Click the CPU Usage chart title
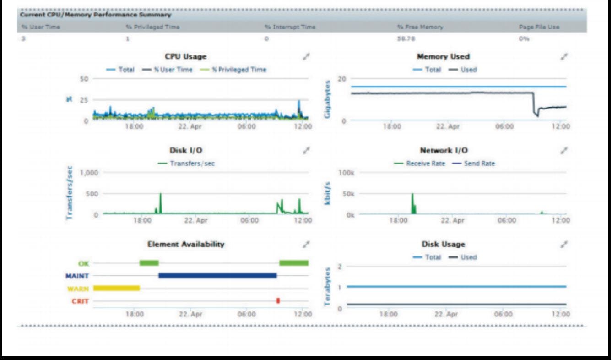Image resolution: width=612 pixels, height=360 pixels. pyautogui.click(x=185, y=57)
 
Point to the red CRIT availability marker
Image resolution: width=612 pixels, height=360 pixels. pyautogui.click(x=278, y=300)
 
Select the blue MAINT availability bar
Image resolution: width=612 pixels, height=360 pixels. pyautogui.click(x=217, y=275)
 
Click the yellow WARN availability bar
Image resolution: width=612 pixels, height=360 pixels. pyautogui.click(x=116, y=288)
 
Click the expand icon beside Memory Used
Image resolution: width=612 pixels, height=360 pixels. pyautogui.click(x=564, y=57)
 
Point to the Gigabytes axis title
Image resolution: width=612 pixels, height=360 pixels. pyautogui.click(x=328, y=99)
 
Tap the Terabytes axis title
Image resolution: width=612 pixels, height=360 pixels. pyautogui.click(x=328, y=286)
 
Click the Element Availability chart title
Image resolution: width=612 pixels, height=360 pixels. pyautogui.click(x=185, y=244)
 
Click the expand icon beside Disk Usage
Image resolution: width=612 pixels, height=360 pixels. pyautogui.click(x=564, y=244)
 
